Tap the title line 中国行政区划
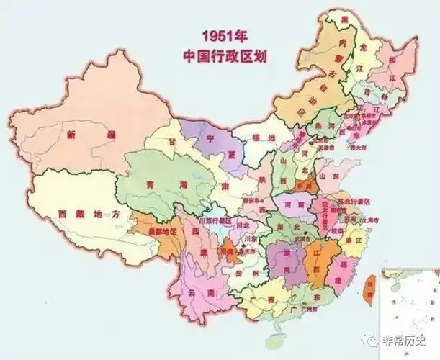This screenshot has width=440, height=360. (223, 55)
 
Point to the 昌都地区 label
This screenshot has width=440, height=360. (162, 233)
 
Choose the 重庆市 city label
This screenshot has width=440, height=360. (247, 252)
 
